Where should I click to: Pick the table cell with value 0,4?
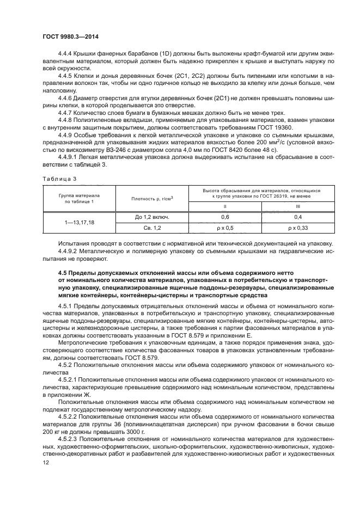pos(298,216)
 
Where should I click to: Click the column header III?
pos(298,206)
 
